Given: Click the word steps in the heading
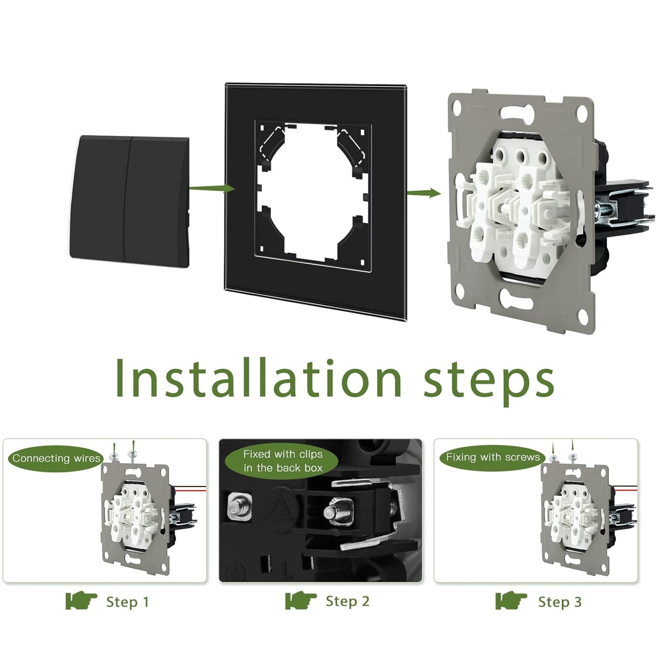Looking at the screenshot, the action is (488, 382).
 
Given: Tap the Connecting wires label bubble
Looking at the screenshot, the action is (56, 458).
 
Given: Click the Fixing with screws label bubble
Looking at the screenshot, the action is (493, 457).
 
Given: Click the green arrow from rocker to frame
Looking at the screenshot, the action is (213, 188).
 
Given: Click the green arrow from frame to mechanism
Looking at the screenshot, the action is (424, 192).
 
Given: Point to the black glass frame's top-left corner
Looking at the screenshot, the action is (226, 84).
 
